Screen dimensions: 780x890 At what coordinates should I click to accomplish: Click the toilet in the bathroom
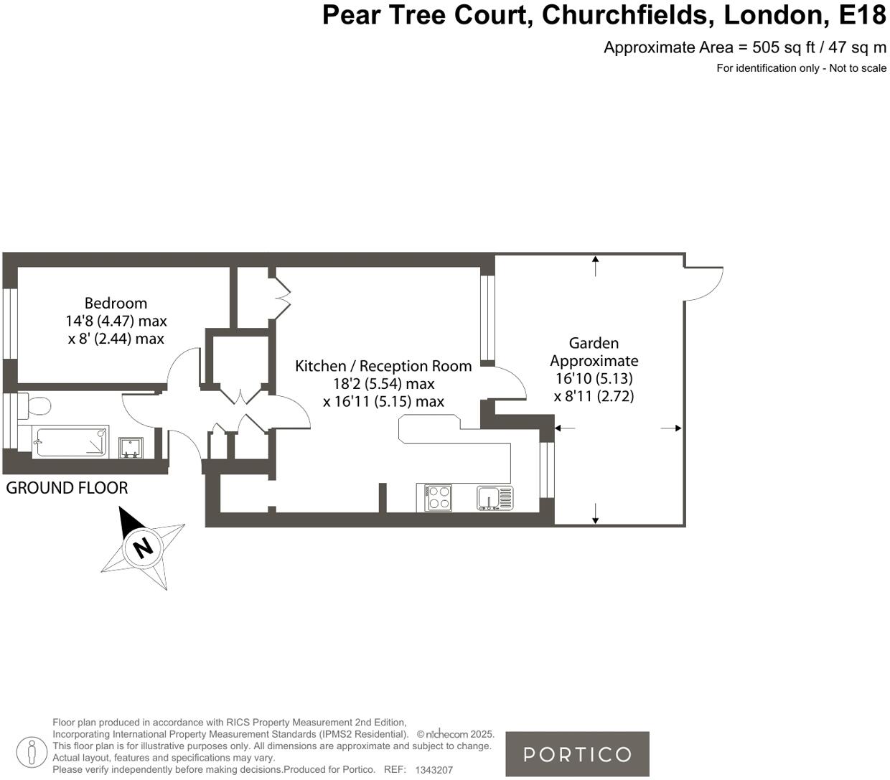36,406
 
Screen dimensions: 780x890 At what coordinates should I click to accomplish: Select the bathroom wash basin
131,448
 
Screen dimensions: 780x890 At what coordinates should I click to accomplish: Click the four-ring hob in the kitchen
439,497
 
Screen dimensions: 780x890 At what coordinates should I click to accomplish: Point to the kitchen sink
495,497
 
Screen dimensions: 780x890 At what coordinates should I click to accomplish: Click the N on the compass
144,548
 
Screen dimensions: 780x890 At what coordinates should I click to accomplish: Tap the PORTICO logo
577,754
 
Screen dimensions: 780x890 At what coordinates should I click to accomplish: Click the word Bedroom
116,303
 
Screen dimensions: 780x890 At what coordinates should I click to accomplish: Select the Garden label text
594,343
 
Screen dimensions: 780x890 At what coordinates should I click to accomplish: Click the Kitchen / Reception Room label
383,366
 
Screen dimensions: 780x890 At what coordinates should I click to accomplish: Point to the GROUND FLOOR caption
67,488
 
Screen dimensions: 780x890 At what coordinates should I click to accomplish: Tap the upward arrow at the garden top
595,265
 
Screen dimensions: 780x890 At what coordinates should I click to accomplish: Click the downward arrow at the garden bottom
595,514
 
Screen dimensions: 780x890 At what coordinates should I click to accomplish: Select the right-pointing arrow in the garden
672,428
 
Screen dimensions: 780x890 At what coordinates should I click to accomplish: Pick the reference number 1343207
434,770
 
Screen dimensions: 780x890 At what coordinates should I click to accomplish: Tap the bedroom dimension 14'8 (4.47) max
116,321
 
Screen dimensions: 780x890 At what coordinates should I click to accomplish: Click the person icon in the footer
30,752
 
